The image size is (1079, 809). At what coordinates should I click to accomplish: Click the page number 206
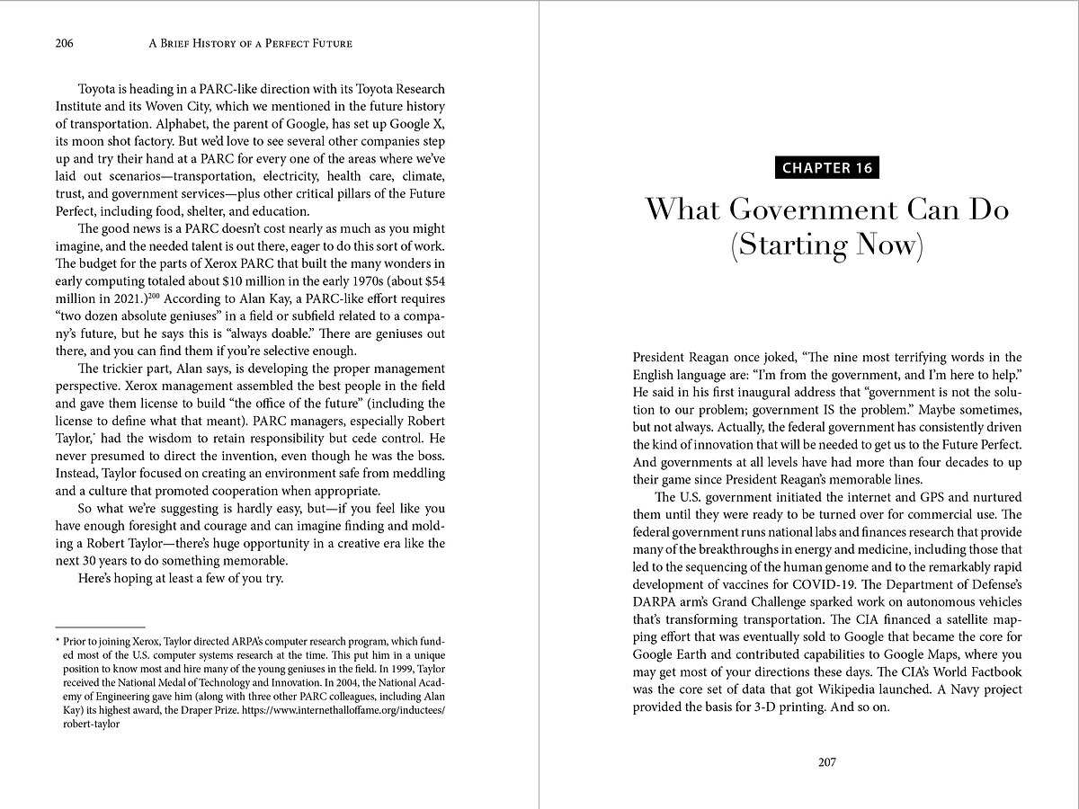click(63, 43)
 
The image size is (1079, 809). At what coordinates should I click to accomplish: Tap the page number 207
click(827, 762)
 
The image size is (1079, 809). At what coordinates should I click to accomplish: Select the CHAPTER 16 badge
click(827, 168)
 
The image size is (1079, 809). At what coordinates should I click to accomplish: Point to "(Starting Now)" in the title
click(827, 245)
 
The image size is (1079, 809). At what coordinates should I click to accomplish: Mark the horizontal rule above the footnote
click(100, 626)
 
